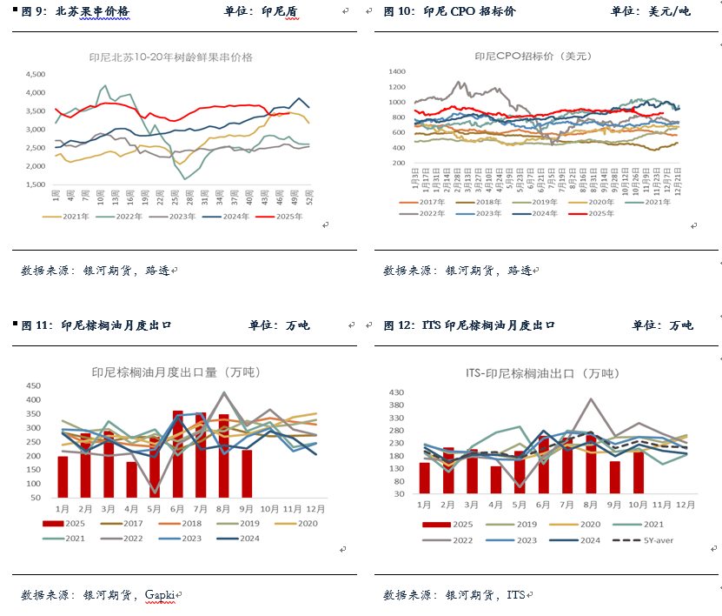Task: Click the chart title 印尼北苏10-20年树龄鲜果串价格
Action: (x=170, y=57)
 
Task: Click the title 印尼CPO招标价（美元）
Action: (x=532, y=56)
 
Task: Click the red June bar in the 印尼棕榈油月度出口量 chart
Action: (x=177, y=452)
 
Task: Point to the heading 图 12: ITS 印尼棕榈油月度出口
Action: (x=469, y=325)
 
